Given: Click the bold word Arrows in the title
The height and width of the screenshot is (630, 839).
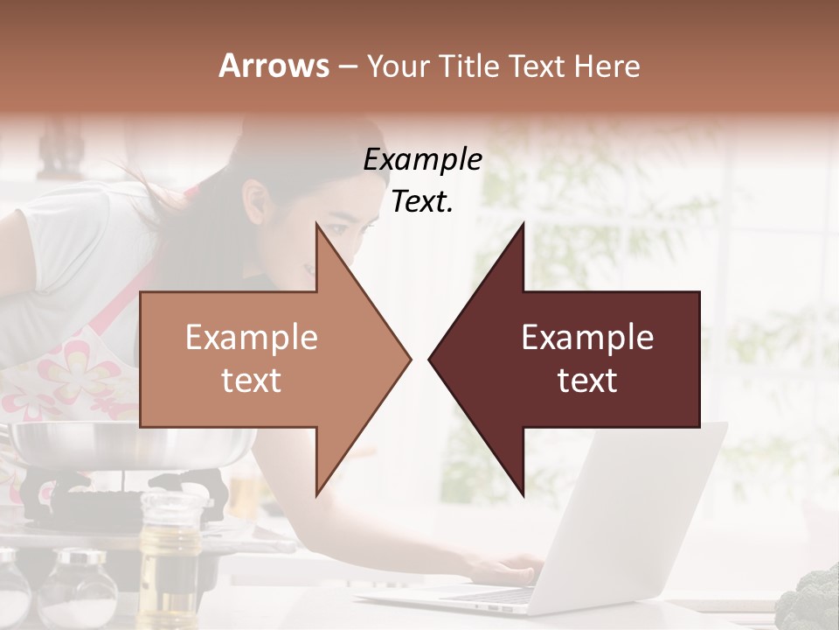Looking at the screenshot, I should pyautogui.click(x=274, y=66).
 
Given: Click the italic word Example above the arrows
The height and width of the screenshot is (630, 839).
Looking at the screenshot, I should pyautogui.click(x=422, y=160).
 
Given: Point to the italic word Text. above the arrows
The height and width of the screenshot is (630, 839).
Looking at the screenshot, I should pyautogui.click(x=422, y=202).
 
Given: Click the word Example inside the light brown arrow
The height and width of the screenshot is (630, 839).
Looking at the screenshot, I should pyautogui.click(x=252, y=338).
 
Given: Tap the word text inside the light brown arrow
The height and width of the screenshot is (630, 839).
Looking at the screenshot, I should pyautogui.click(x=252, y=381).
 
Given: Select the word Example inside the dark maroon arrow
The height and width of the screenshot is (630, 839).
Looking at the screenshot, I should pyautogui.click(x=587, y=338).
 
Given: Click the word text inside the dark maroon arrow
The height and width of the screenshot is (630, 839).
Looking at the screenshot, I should pyautogui.click(x=587, y=381).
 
